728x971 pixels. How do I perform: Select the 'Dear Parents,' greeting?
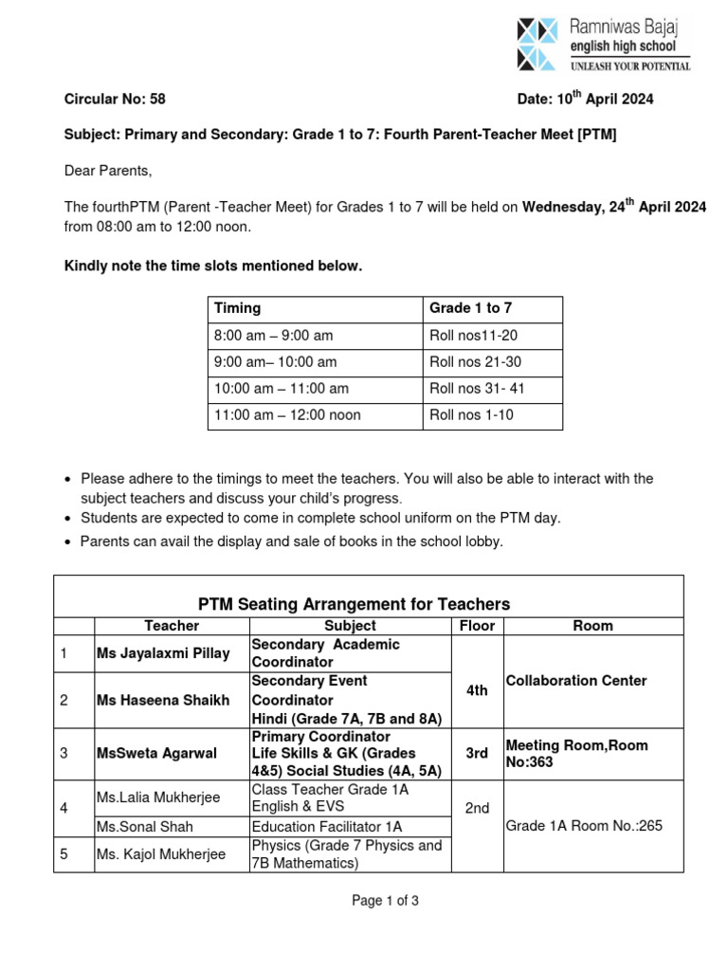tap(107, 172)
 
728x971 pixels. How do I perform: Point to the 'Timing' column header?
tap(237, 308)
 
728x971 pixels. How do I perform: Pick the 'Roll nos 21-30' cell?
tap(475, 361)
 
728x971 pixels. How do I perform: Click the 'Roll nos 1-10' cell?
tap(471, 414)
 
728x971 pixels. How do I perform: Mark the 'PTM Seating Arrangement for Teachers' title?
tap(354, 604)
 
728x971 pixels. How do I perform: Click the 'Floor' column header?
tap(477, 626)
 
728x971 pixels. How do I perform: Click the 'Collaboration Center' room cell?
tap(576, 681)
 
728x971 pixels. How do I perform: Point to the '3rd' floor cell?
tap(477, 753)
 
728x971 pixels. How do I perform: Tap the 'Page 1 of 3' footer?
tap(385, 901)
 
